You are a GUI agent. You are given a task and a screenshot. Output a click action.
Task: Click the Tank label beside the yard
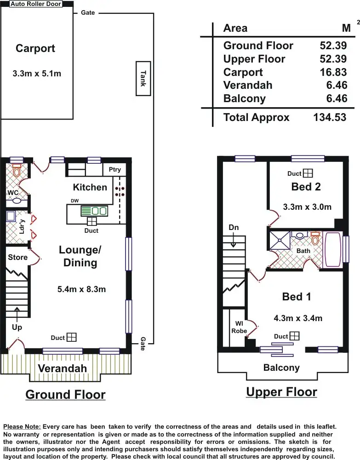point(143,79)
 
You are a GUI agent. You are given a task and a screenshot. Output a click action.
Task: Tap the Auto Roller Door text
point(36,4)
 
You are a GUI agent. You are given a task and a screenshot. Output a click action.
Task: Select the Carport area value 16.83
point(333,72)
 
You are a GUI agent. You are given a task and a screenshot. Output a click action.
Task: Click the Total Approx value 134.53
point(330,117)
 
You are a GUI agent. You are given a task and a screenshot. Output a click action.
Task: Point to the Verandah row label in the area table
point(248,85)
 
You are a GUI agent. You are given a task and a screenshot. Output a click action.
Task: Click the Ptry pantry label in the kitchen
point(114,170)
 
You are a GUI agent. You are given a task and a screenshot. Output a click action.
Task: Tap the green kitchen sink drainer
point(86,211)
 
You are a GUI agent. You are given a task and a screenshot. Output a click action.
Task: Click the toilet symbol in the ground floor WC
point(17,171)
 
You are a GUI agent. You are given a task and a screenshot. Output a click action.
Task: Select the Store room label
point(17,257)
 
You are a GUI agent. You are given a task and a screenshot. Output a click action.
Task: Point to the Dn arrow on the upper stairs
point(234,240)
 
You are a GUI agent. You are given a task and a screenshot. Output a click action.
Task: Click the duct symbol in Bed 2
point(308,173)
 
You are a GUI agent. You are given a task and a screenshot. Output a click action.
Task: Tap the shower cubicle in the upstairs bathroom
point(280,241)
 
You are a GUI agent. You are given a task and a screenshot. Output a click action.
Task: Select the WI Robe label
point(239,327)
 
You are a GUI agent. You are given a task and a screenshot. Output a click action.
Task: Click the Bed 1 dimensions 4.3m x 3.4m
point(298,318)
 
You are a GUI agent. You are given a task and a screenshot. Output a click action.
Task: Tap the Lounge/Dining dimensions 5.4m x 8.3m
point(81,289)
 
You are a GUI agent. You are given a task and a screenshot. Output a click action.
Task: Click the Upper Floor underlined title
point(281,392)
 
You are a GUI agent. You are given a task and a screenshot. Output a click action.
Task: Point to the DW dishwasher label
point(75,201)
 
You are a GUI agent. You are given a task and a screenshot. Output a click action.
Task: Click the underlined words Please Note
point(22,427)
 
